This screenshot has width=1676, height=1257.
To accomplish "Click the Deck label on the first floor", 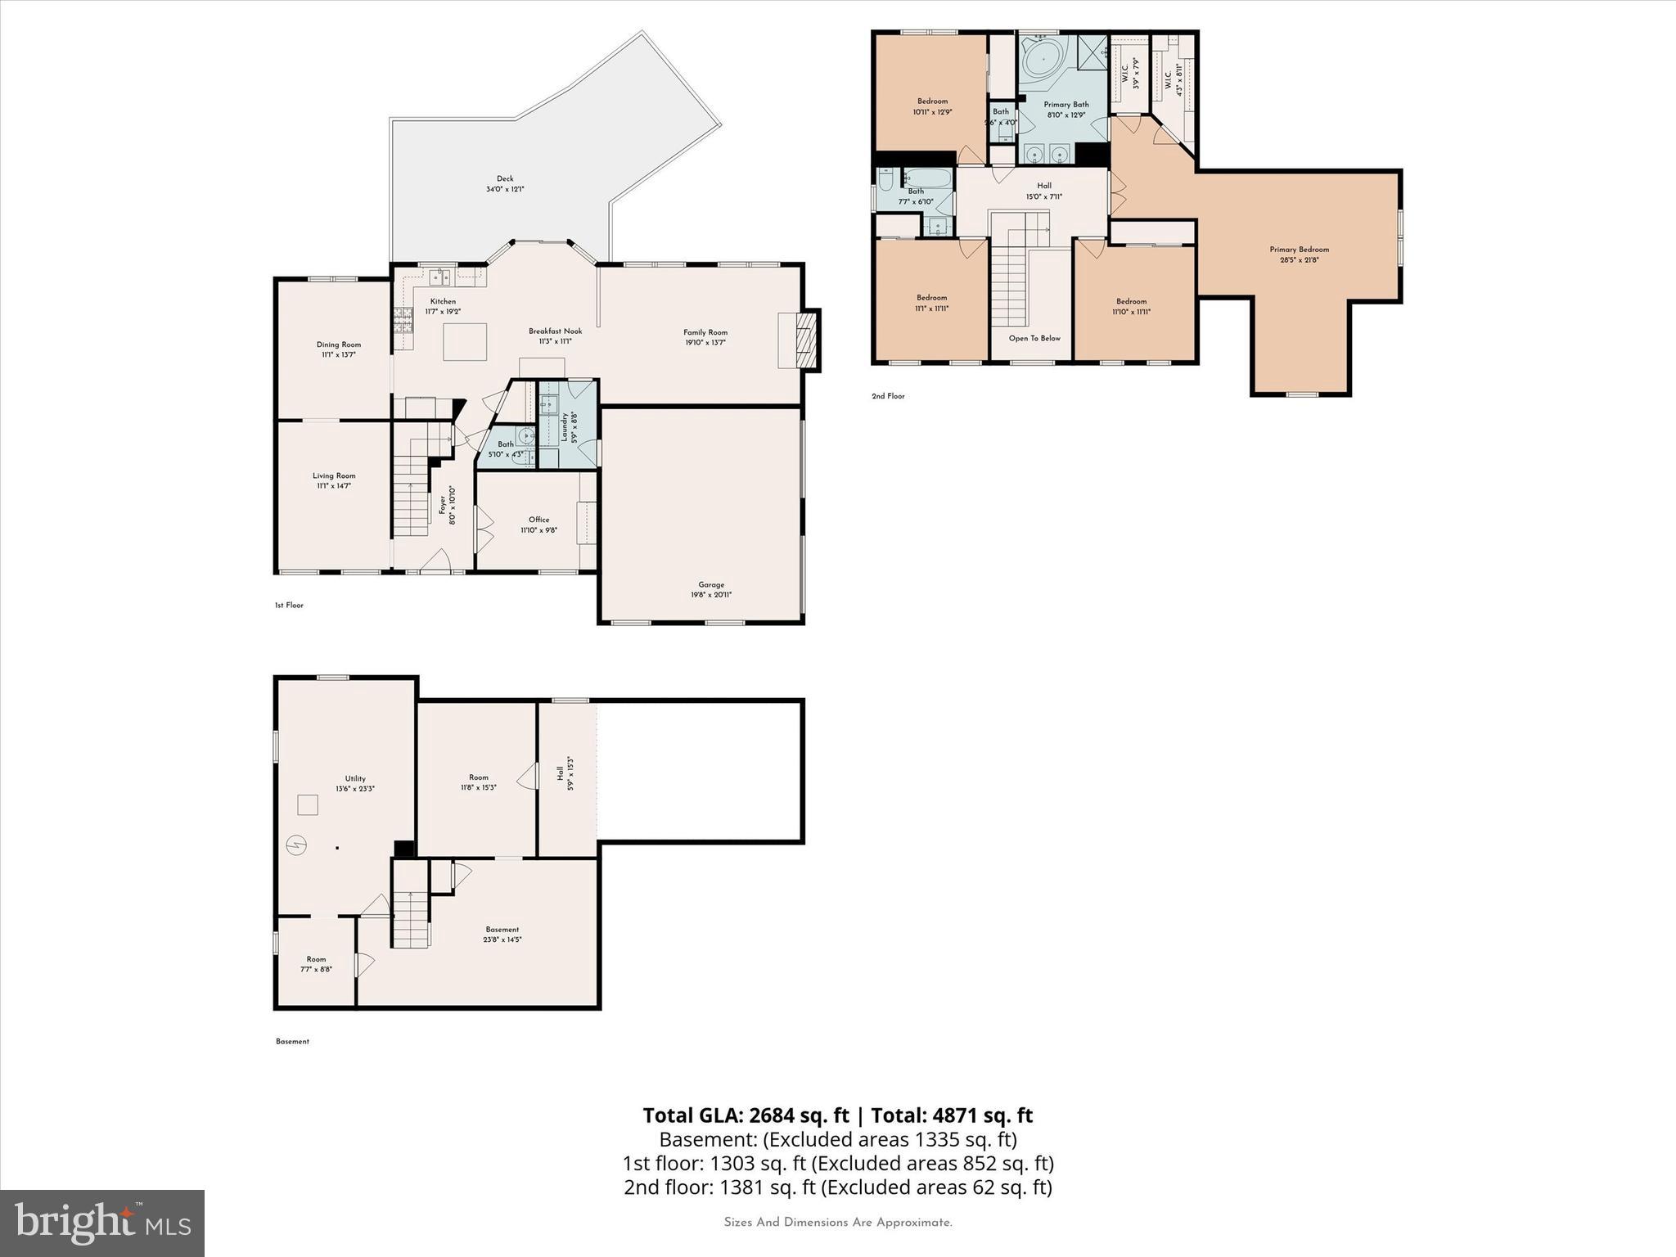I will point(505,178).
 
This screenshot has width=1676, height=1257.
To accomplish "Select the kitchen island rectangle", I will point(465,342).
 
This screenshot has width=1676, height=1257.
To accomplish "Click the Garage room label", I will point(711,584).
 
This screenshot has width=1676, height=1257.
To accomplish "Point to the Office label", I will point(538,520).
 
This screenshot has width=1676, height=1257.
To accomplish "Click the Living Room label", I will point(334,475).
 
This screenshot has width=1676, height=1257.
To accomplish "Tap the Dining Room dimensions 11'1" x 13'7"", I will point(338,355).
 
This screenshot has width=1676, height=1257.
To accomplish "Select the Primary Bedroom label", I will point(1299,250).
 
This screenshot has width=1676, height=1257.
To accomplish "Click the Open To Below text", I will point(1034,338).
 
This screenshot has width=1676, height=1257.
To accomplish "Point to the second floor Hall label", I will point(1043,186).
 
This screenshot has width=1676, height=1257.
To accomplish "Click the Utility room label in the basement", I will point(354,778).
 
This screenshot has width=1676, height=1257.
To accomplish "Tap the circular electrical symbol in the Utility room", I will point(297,845).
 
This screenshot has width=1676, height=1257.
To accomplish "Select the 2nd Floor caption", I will point(888,396).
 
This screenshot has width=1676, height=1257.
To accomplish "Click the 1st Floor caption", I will point(289,606).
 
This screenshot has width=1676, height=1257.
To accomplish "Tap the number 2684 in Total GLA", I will point(767,1115).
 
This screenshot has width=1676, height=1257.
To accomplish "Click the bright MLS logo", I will point(102,1223).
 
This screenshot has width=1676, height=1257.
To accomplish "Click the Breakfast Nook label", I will point(555,331).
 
